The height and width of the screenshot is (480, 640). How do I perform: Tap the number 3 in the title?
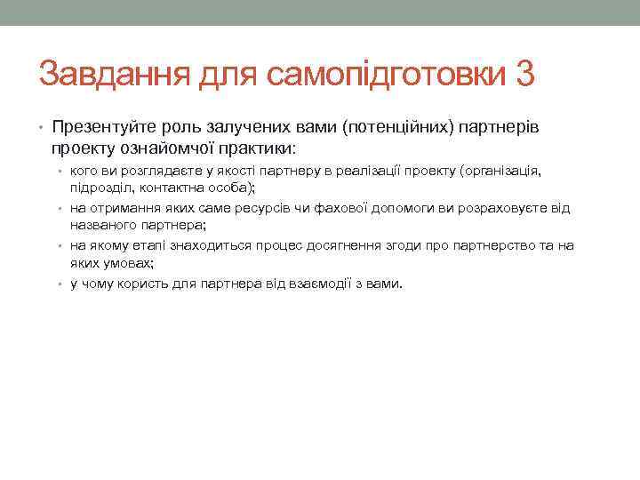pyautogui.click(x=524, y=74)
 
